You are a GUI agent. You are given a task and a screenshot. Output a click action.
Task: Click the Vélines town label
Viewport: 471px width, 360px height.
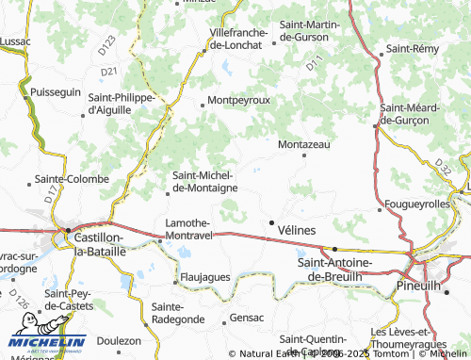coord(297,229)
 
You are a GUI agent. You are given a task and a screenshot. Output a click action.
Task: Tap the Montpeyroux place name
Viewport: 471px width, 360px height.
coord(238,100)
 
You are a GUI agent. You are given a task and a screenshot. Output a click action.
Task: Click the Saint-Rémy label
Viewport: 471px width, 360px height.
coord(415,48)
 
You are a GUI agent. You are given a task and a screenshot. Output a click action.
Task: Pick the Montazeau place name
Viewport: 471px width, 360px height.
coord(304,144)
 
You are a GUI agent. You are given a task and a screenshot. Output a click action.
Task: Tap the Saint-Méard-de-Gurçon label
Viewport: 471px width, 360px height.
coord(410,114)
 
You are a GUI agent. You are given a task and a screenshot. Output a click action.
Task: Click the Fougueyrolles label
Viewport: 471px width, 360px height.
coord(417,204)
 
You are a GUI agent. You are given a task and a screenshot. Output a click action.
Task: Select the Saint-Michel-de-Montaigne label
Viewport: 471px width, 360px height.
coord(204,181)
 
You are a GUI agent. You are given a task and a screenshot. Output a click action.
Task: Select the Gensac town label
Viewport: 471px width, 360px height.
coord(247,319)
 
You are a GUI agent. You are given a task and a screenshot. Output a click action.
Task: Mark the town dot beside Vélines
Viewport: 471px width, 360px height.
coord(273,224)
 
